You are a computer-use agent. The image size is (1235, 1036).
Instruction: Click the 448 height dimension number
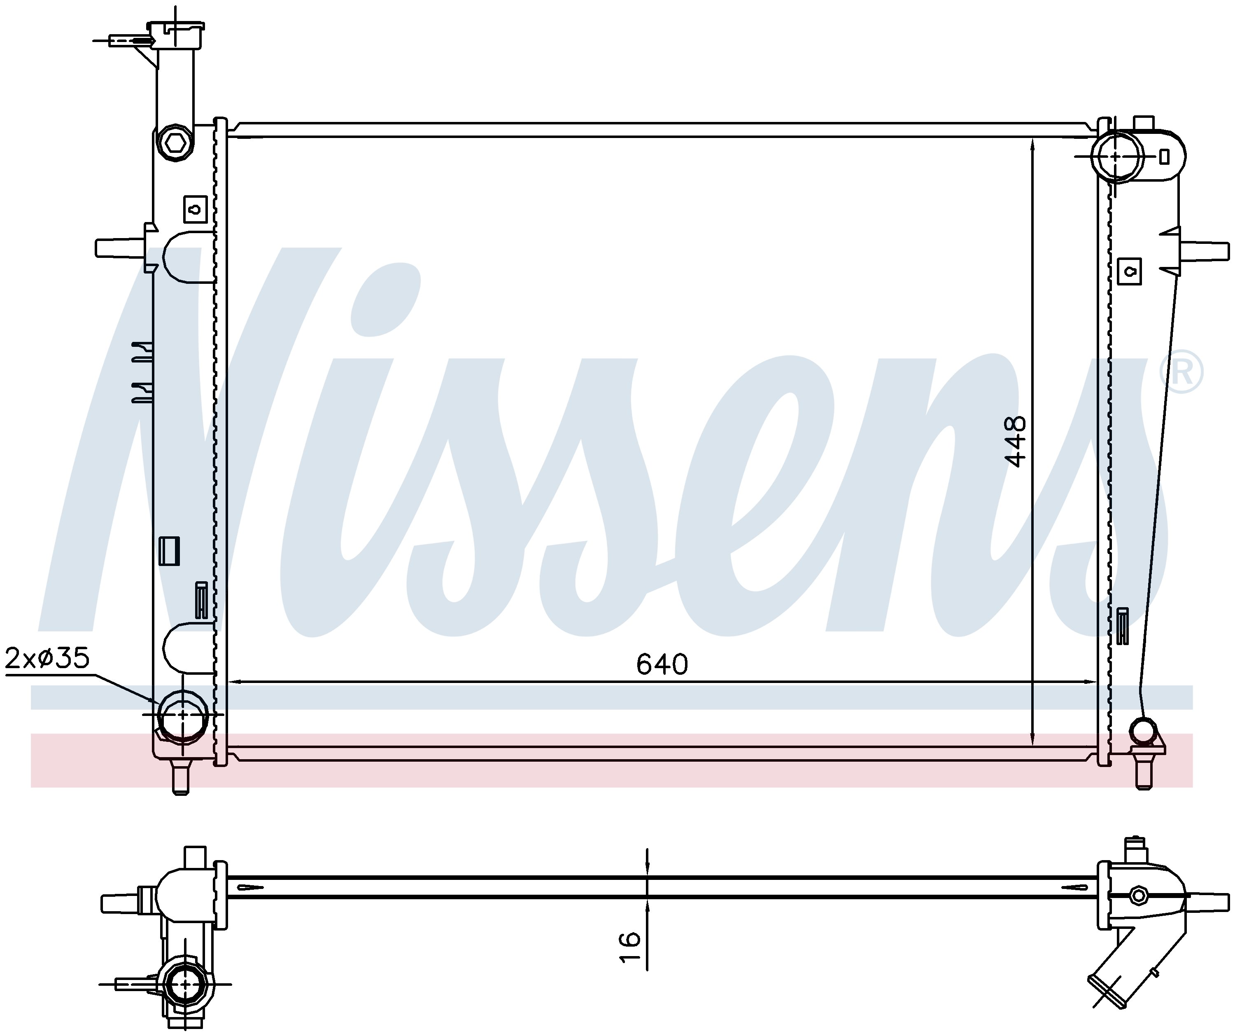[1016, 441]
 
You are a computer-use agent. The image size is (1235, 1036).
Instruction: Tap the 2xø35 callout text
[47, 659]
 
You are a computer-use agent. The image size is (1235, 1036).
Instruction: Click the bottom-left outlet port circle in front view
[182, 714]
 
